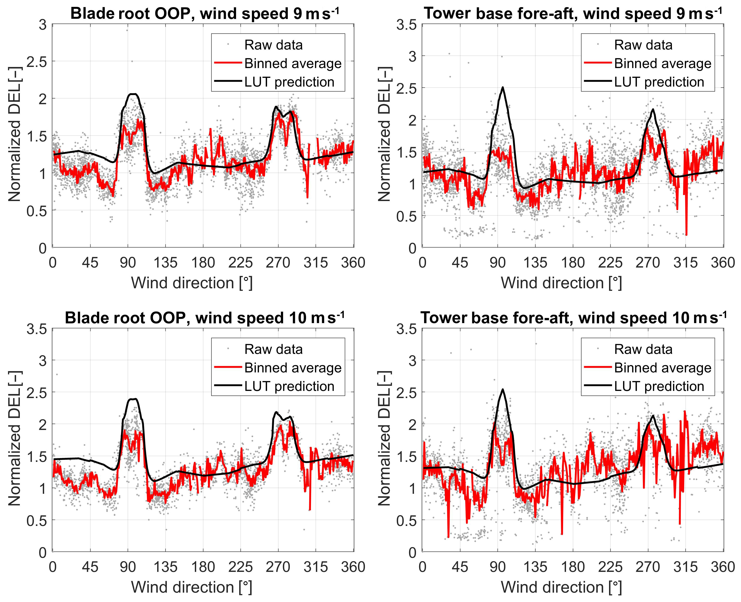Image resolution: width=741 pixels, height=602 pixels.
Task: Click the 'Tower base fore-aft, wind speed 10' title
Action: pos(573,318)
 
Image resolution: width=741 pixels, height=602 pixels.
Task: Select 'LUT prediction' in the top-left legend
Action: pos(289,82)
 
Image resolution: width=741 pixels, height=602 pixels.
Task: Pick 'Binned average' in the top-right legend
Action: pos(662,63)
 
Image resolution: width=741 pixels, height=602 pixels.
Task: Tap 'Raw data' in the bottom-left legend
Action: pos(273,349)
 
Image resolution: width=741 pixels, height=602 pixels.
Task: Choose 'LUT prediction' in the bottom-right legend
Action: pos(659,386)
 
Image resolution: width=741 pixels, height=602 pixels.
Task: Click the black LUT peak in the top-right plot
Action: pos(502,87)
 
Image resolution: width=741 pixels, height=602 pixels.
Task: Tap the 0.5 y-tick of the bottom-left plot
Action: pos(36,520)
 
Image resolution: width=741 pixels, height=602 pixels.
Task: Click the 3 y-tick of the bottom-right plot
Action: pos(412,361)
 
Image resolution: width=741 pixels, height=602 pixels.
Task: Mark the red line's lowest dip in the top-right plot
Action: pos(686,235)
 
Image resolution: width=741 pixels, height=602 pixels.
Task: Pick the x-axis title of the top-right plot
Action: pos(561,283)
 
